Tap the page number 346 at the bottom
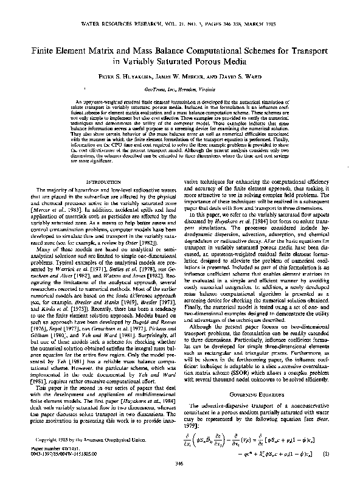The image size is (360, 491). pyautogui.click(x=179, y=481)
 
